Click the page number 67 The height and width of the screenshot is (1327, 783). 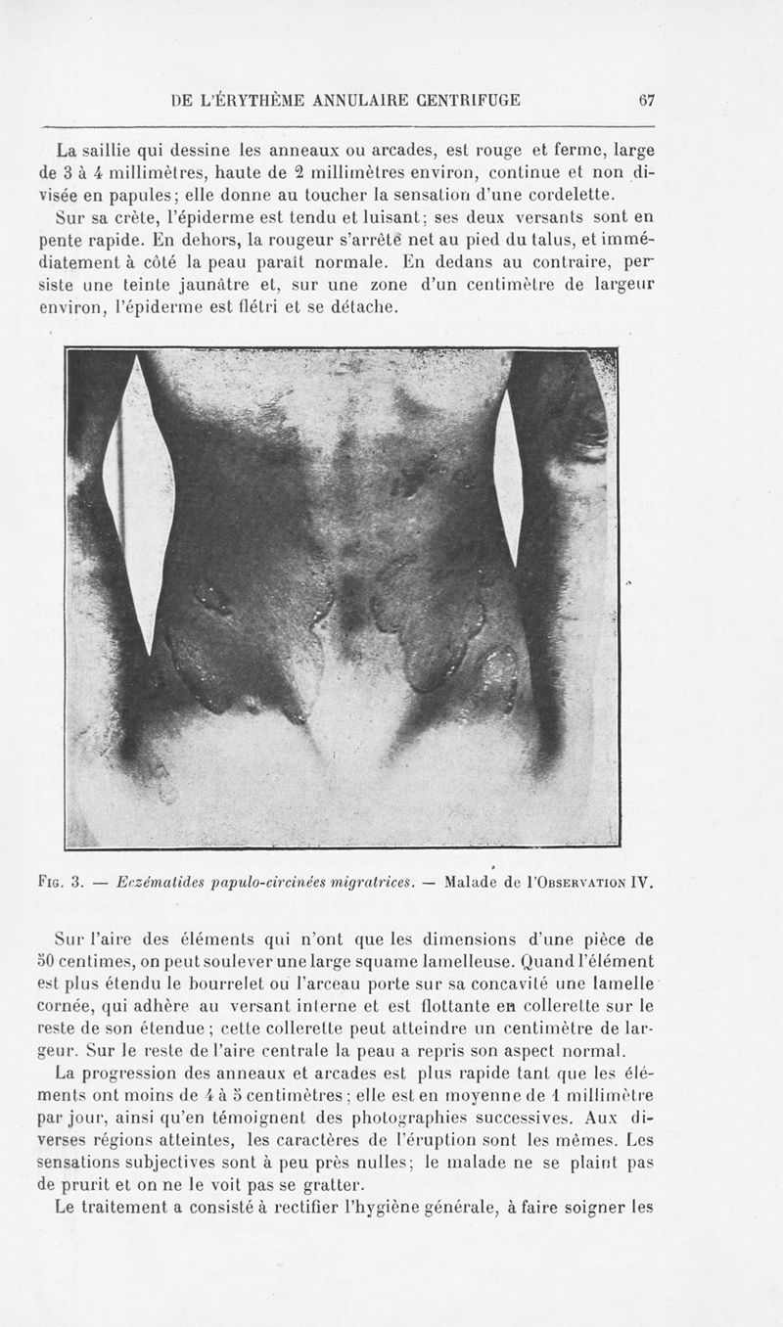pos(647,99)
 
